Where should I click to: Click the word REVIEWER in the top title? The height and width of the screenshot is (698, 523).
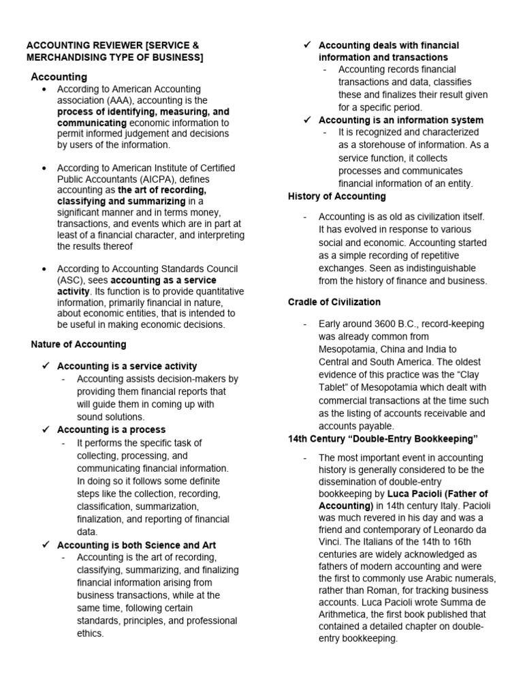coord(111,46)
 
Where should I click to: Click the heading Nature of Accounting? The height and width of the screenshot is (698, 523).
coord(78,344)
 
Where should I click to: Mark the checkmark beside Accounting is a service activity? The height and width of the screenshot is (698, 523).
coord(46,366)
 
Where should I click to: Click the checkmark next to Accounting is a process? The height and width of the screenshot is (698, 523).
coord(46,429)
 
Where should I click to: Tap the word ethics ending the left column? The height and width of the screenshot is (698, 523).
coord(91,633)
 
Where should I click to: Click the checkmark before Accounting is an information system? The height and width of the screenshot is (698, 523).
coord(308,120)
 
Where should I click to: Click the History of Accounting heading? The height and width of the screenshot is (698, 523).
coord(336,196)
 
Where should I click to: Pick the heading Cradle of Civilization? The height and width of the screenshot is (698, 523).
coord(334,302)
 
